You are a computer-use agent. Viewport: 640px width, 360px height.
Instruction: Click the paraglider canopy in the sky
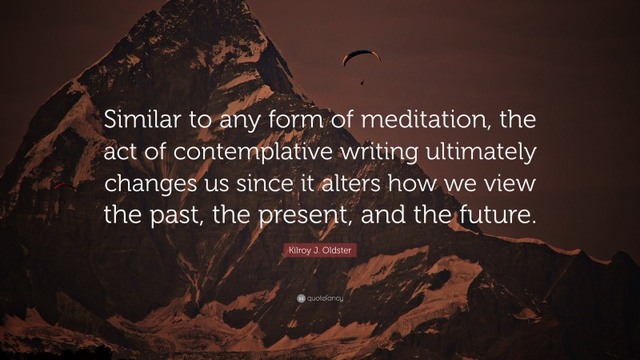[x=362, y=56]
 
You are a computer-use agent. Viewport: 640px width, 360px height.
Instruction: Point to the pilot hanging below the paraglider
[x=362, y=80]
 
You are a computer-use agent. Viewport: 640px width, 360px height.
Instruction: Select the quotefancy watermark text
[x=325, y=298]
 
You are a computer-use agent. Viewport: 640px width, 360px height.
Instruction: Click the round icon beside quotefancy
[x=300, y=298]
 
